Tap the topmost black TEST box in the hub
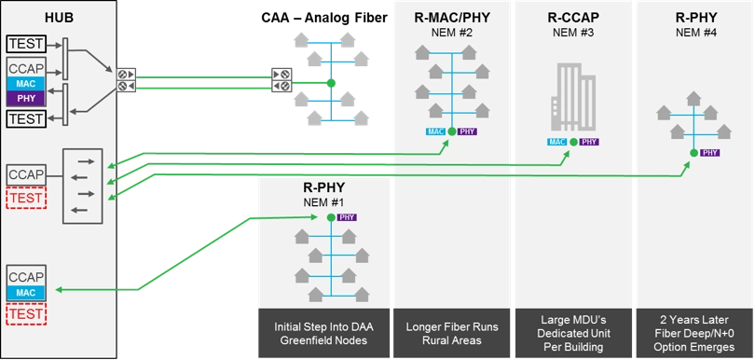click(x=25, y=43)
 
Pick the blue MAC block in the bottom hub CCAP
click(x=25, y=294)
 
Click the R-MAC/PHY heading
click(x=451, y=17)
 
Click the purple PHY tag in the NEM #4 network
click(x=709, y=152)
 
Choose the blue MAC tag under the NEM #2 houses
click(x=435, y=132)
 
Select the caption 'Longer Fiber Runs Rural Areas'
click(x=451, y=333)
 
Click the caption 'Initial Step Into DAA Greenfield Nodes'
click(x=322, y=333)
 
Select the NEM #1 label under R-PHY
click(x=323, y=203)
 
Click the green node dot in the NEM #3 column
click(x=573, y=143)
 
